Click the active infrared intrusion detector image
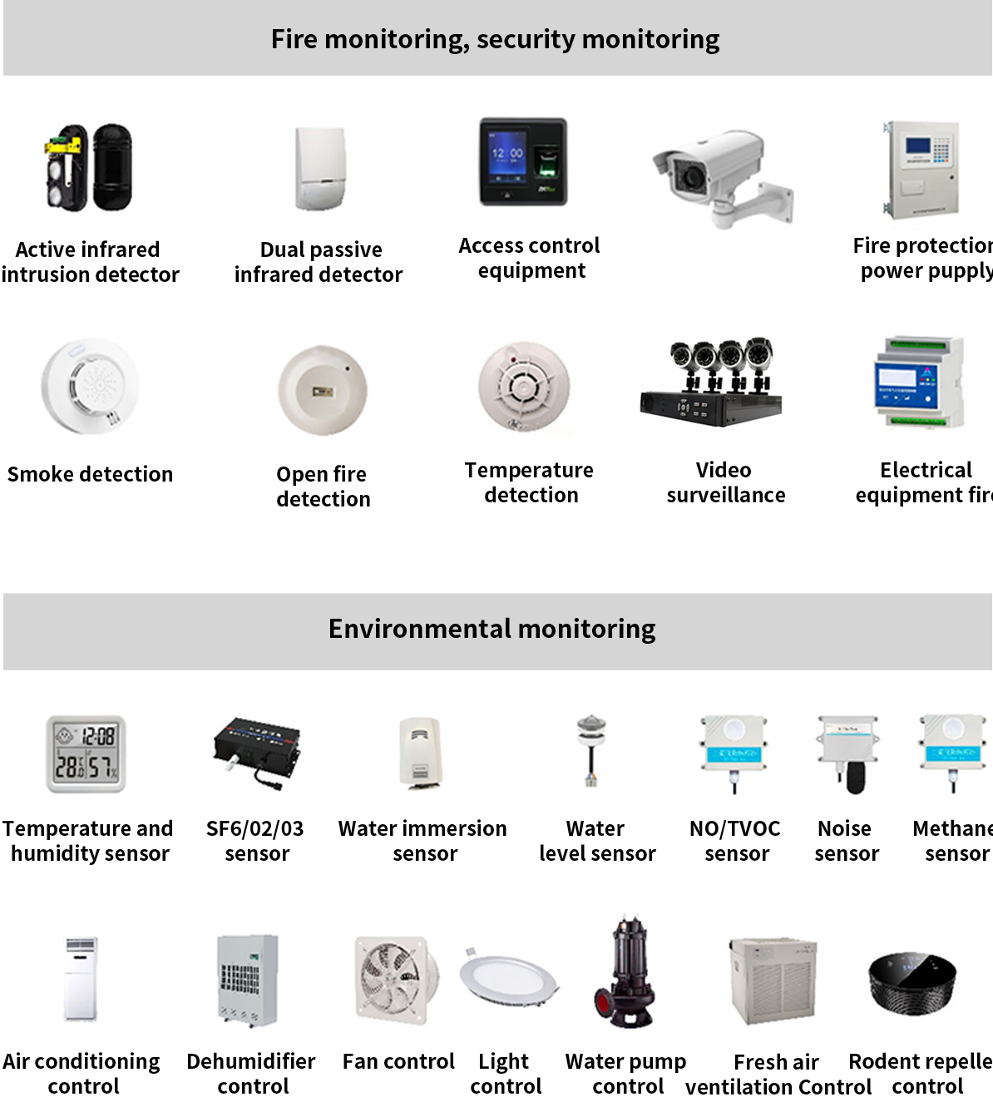[88, 168]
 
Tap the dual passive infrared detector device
[321, 169]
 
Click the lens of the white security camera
[689, 176]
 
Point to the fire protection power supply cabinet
[921, 169]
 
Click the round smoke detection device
[90, 387]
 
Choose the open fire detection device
[322, 390]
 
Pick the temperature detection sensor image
[524, 387]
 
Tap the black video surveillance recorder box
[709, 406]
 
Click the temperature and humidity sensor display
[86, 754]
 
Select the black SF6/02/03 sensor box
[256, 746]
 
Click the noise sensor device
[847, 752]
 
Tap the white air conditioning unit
[82, 979]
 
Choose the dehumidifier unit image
[247, 980]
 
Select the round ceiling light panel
[508, 977]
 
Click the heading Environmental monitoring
[492, 630]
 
